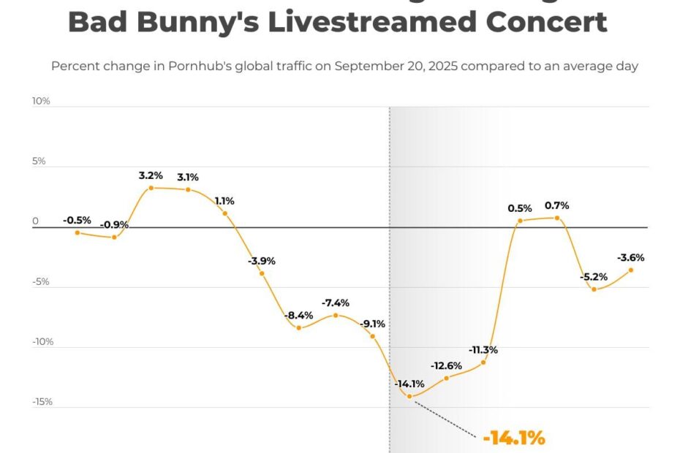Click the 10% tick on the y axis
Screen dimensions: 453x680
[x=41, y=101]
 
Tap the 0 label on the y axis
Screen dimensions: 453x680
[x=34, y=221]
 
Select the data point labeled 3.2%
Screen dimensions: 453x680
[x=151, y=188]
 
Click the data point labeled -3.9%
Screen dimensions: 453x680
[x=262, y=273]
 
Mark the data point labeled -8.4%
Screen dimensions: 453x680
[x=299, y=327]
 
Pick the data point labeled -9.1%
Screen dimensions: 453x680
[x=373, y=336]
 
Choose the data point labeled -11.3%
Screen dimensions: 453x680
[x=483, y=362]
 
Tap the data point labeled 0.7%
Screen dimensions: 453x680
[x=557, y=218]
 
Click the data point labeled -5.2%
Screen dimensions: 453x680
[x=594, y=289]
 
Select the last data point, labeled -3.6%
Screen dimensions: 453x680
[x=631, y=270]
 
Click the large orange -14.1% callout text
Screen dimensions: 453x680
[x=514, y=438]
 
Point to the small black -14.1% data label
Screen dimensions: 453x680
[x=409, y=384]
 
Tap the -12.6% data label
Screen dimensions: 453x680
[x=446, y=365]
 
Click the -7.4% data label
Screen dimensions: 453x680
[x=336, y=302]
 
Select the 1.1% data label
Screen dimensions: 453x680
[x=224, y=201]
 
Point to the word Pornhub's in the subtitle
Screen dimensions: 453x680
[x=219, y=66]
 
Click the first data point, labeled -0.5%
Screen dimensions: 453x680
[x=77, y=232]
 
